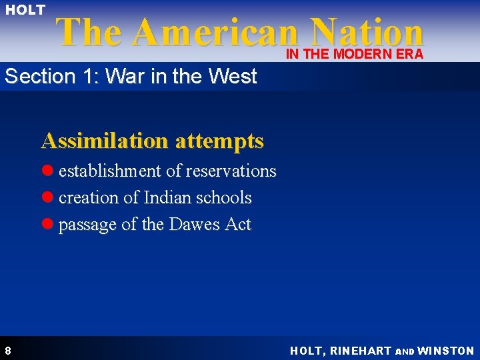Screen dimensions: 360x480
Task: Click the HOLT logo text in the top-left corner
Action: point(25,10)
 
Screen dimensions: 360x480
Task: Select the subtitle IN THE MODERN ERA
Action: point(355,55)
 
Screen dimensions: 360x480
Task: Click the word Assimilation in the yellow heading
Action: point(105,141)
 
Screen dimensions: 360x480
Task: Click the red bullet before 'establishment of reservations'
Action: point(48,171)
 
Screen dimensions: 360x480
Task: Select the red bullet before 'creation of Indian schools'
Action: point(48,198)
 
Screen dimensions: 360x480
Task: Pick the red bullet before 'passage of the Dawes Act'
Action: point(48,225)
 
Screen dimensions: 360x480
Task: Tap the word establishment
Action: point(110,171)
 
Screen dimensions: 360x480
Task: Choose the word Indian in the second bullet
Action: point(167,198)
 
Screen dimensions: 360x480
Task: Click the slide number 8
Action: point(7,351)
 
